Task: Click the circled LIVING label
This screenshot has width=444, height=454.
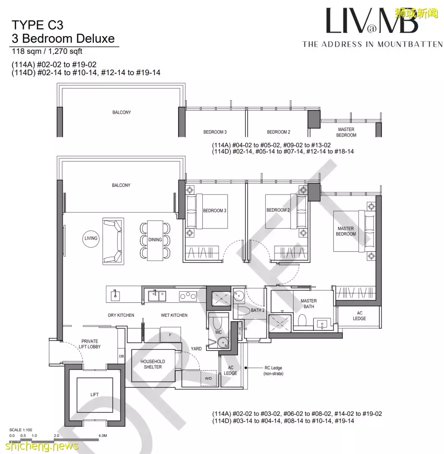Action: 91,238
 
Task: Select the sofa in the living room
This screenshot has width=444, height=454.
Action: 113,240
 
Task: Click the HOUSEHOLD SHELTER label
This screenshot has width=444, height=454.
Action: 153,364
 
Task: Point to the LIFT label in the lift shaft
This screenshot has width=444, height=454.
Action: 95,394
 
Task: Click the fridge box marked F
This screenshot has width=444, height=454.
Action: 170,335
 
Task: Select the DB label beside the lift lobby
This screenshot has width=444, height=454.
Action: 121,356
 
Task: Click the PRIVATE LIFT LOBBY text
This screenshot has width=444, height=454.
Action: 90,344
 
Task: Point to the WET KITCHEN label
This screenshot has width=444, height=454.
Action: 174,315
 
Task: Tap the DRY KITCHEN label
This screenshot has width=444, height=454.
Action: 120,315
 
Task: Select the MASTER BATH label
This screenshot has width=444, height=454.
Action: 308,304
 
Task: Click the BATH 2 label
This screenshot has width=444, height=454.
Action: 257,310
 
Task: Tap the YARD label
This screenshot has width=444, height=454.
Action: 196,348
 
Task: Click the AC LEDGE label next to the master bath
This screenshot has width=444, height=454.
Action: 359,316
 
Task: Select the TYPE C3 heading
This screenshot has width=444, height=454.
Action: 37,25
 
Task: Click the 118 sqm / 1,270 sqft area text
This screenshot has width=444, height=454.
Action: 47,52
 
